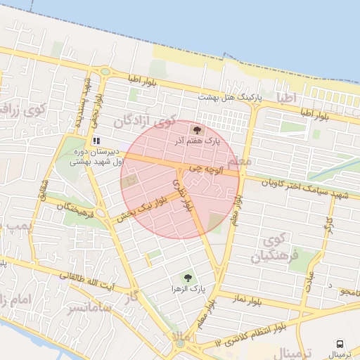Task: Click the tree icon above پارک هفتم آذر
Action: tap(196, 130)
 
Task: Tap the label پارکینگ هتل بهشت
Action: tap(229, 97)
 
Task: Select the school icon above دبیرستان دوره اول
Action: tap(96, 141)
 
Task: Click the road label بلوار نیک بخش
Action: tap(143, 210)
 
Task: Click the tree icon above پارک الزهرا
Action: tap(187, 278)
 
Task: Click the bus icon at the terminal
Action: tap(340, 344)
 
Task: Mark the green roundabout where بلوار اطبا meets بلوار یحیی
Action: tap(105, 71)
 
